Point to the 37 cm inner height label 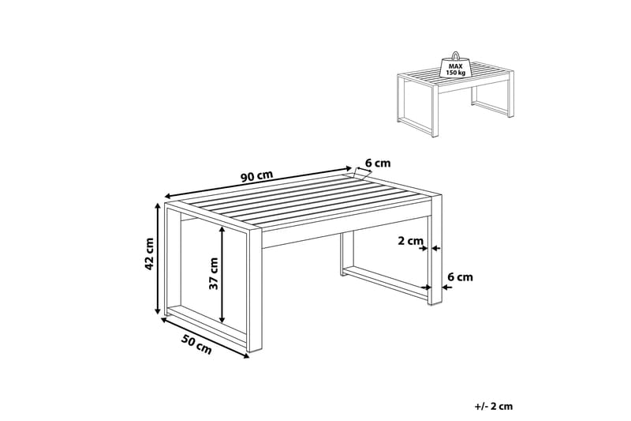tap(212, 274)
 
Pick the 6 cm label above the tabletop tap(378, 164)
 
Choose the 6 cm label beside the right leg tap(460, 276)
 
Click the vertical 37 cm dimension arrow tap(223, 274)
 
